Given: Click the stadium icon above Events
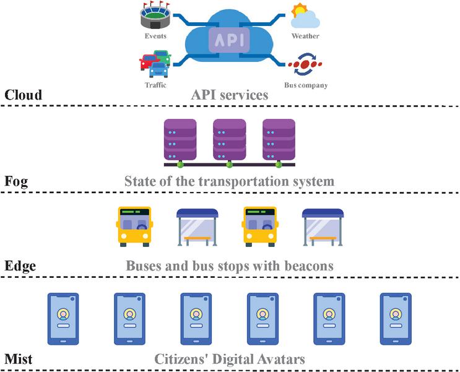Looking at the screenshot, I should pyautogui.click(x=155, y=17).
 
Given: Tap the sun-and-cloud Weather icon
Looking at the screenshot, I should pyautogui.click(x=305, y=17).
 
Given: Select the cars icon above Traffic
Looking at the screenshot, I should pyautogui.click(x=155, y=64).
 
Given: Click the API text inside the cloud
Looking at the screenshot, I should pyautogui.click(x=230, y=40).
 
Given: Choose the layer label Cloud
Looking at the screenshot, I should pyautogui.click(x=24, y=95).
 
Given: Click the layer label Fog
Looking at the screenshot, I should pyautogui.click(x=16, y=182).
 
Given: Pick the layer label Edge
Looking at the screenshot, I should pyautogui.click(x=20, y=266).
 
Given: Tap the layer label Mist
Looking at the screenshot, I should pyautogui.click(x=19, y=359).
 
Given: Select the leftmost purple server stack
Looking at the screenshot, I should pyautogui.click(x=180, y=141).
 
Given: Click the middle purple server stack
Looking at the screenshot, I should pyautogui.click(x=230, y=141).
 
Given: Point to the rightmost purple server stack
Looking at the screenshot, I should pyautogui.click(x=279, y=141).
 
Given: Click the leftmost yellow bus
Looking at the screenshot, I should pyautogui.click(x=134, y=227).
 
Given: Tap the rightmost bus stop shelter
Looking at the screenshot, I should pyautogui.click(x=323, y=227).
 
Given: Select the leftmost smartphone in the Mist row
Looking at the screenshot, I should pyautogui.click(x=63, y=318).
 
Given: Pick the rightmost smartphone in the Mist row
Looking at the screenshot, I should pyautogui.click(x=396, y=318).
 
